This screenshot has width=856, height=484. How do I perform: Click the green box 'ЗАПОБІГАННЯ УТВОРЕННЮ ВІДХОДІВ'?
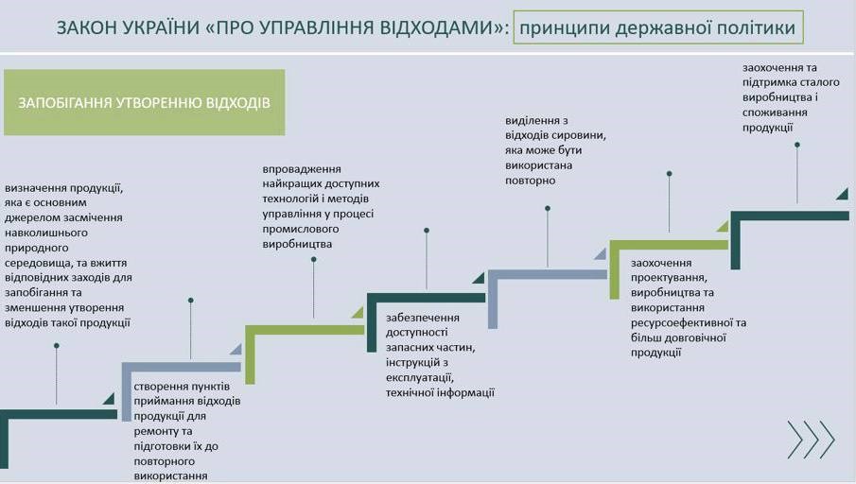[144, 102]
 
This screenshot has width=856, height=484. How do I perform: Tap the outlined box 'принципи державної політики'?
[657, 28]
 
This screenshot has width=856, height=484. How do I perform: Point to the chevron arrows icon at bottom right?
[811, 440]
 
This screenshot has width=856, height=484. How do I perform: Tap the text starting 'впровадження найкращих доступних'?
[321, 206]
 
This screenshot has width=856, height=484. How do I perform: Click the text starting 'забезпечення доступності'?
[440, 355]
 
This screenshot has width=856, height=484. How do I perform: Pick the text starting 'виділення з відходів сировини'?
[556, 150]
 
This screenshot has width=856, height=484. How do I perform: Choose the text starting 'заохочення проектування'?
[689, 307]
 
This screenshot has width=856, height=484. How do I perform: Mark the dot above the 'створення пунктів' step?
[191, 301]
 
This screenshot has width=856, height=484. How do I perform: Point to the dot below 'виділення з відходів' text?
[548, 208]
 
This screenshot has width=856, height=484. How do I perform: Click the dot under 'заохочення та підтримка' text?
[797, 145]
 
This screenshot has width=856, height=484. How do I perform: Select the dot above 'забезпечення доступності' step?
[427, 230]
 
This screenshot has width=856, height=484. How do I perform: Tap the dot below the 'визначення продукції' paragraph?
[57, 346]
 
